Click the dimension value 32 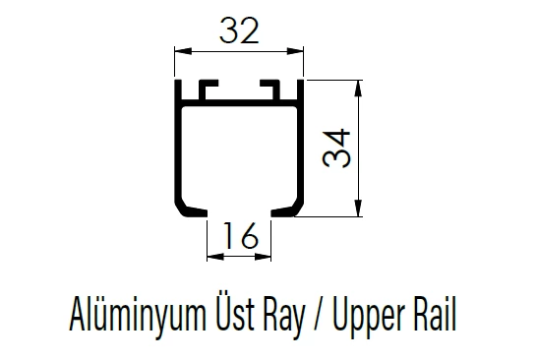[x=239, y=31]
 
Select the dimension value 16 [x=239, y=237]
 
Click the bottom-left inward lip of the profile [x=192, y=210]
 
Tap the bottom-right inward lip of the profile [x=286, y=210]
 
